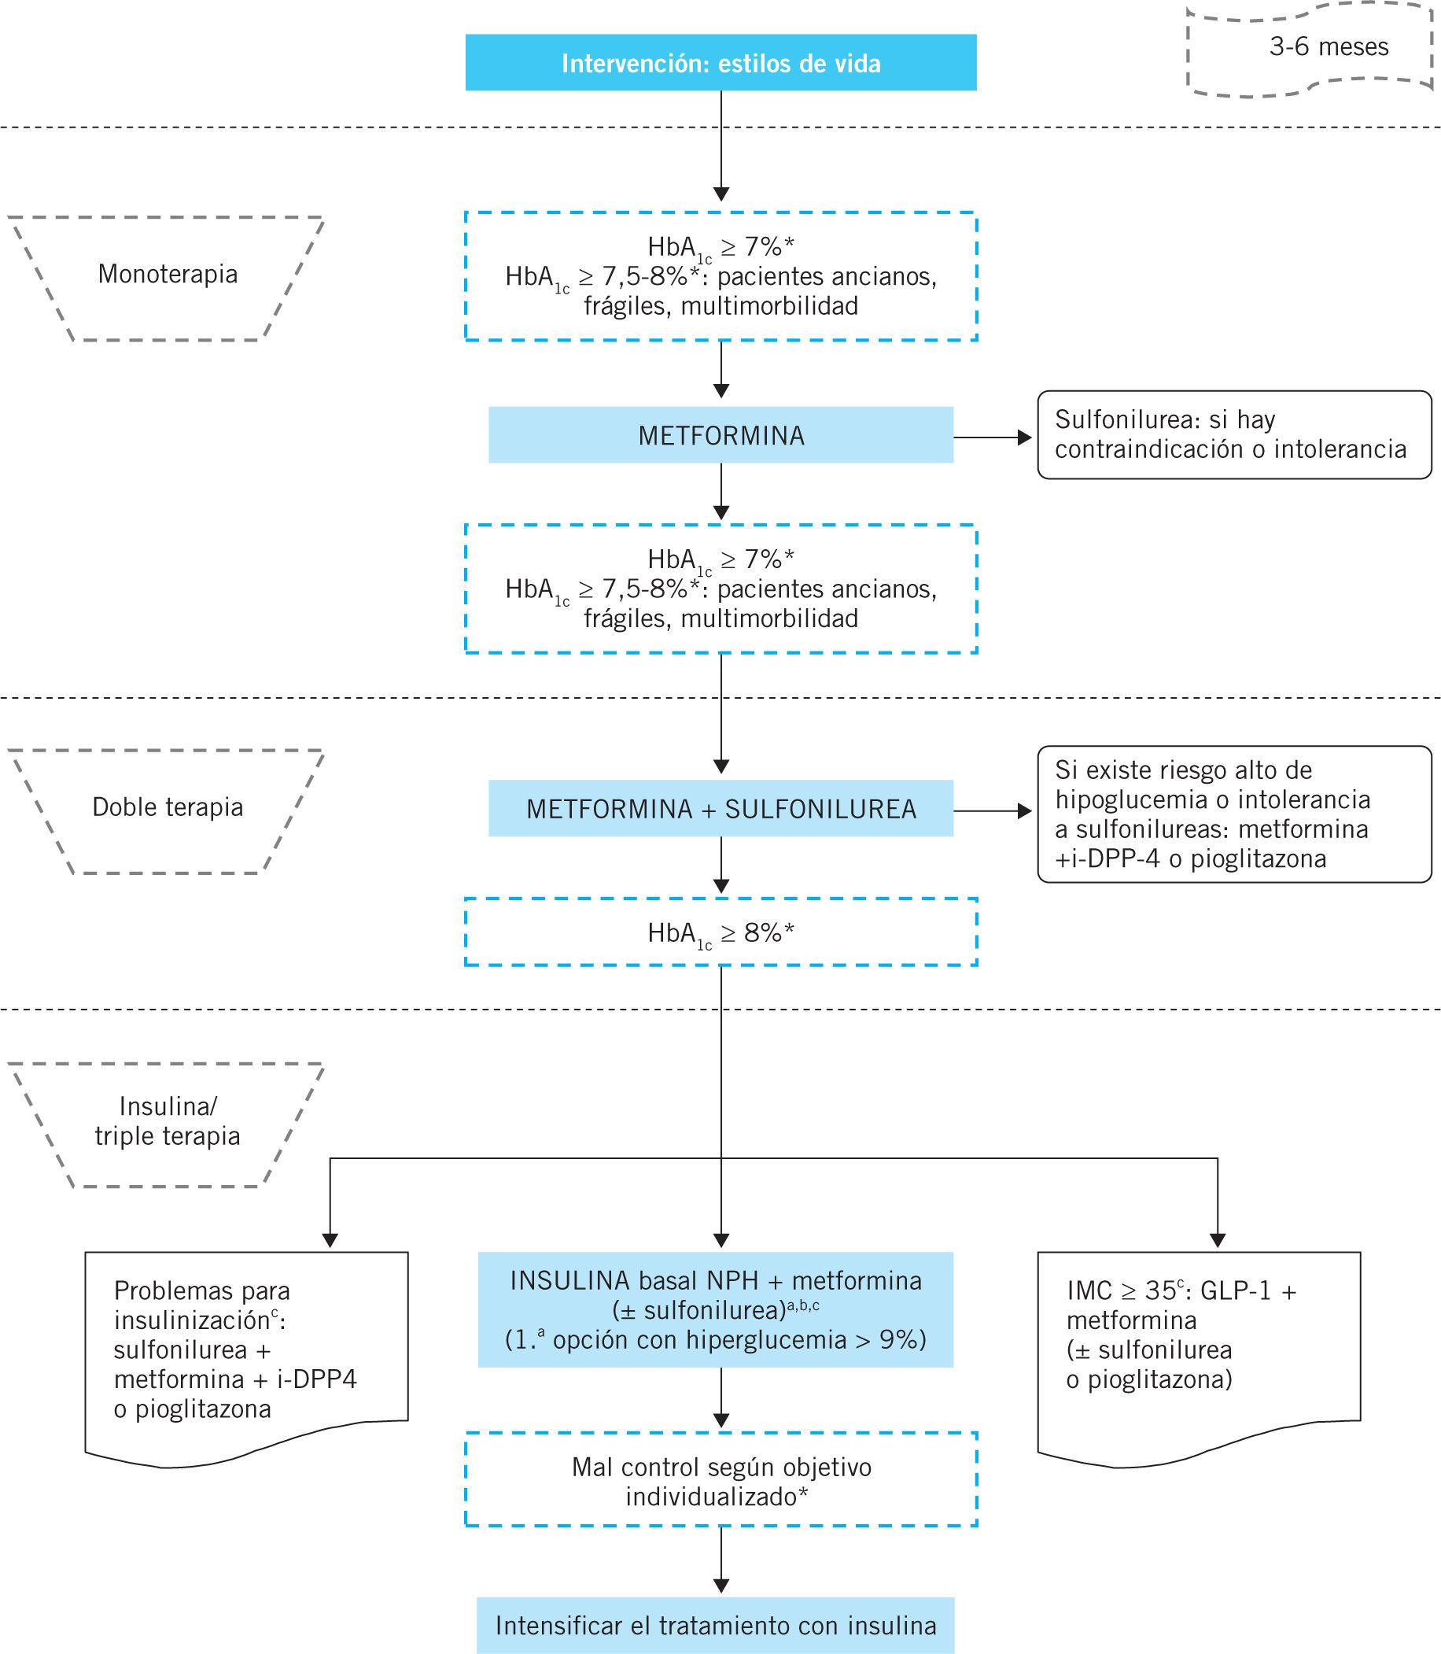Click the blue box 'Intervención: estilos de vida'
tap(720, 63)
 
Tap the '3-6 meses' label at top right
tap(1329, 47)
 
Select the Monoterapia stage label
tap(168, 275)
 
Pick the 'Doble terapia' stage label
tap(168, 807)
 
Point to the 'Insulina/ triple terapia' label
tap(168, 1121)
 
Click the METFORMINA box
tap(720, 435)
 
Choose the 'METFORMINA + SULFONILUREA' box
tap(720, 808)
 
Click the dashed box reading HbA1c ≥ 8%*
tap(720, 932)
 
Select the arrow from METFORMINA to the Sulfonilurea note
tap(993, 437)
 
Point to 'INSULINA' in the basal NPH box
tap(569, 1281)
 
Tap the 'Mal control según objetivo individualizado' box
tap(720, 1482)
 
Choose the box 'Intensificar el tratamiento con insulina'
tap(716, 1625)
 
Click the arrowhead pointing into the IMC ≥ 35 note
tap(1218, 1240)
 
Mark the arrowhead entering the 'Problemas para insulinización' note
tap(330, 1240)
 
